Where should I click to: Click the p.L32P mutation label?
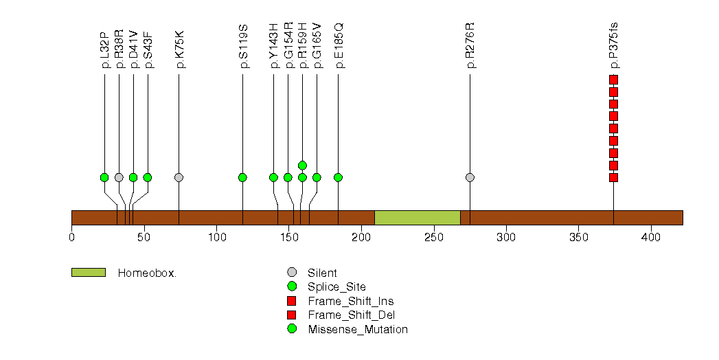[104, 50]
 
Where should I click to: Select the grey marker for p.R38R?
[119, 177]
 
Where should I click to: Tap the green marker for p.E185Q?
[338, 177]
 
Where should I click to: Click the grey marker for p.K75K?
[179, 177]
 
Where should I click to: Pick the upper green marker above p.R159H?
[302, 166]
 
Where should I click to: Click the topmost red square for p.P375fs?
[613, 80]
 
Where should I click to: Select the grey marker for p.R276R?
[470, 177]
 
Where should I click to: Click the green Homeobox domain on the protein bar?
[418, 218]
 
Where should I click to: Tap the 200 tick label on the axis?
[361, 238]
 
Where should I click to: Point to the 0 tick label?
[71, 238]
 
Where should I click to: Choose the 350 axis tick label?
[579, 238]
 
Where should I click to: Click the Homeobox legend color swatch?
[89, 273]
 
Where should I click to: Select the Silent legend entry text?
[322, 273]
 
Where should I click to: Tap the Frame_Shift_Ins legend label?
[351, 302]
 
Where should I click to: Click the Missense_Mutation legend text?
[358, 329]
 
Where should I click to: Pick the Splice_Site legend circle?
[292, 286]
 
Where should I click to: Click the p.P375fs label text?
[613, 45]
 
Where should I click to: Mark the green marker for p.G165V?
[317, 177]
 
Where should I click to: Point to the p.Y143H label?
[274, 46]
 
